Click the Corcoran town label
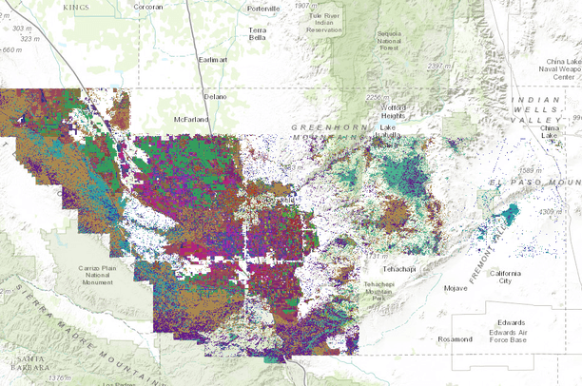147,7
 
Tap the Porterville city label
262,9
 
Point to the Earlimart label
213,59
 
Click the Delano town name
215,96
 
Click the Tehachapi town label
398,270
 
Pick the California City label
505,277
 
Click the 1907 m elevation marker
306,6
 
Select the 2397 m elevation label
440,66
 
